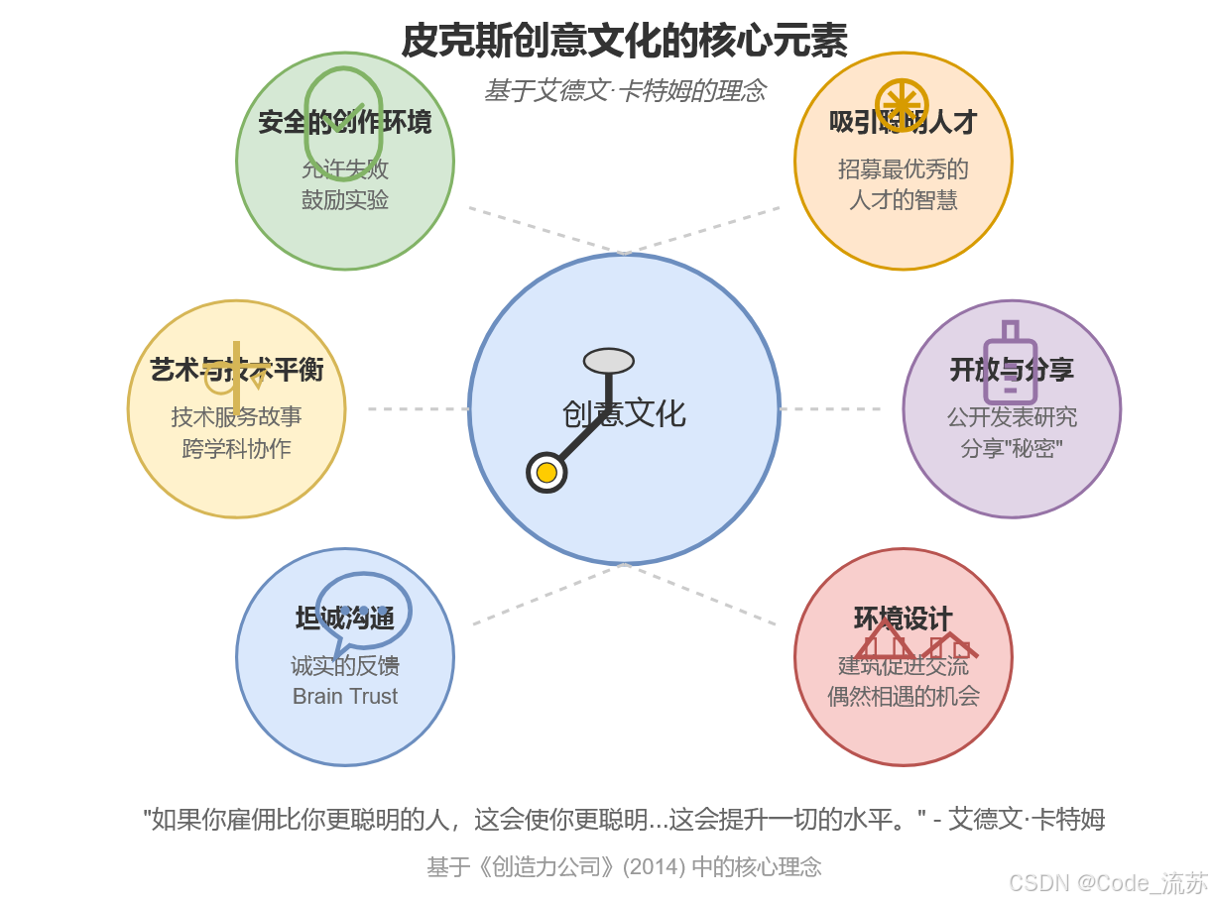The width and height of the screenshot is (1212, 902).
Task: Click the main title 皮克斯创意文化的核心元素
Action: pos(624,42)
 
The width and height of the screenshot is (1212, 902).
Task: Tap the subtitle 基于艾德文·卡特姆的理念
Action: pos(624,90)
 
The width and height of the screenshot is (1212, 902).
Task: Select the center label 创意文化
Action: pos(624,413)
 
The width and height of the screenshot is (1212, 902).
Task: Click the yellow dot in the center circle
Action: pos(546,473)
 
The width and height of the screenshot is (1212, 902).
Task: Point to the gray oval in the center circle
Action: pos(609,361)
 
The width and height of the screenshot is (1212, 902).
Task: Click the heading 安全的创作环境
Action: pos(345,123)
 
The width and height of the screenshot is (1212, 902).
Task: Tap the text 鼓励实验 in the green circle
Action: pos(345,199)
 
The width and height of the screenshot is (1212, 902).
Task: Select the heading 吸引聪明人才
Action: pos(903,122)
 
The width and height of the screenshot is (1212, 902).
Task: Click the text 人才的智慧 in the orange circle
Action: pos(903,200)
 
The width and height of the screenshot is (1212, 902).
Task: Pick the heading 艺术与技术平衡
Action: pos(236,370)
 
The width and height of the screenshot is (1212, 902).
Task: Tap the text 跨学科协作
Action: pos(236,448)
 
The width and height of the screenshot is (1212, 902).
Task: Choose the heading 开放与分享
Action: pos(1012,370)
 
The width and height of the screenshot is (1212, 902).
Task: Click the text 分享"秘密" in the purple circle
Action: pos(1012,448)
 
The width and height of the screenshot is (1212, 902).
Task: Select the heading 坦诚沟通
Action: pos(345,619)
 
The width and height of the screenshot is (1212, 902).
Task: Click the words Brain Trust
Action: pos(345,696)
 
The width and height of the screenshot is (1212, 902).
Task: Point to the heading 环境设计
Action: pos(903,619)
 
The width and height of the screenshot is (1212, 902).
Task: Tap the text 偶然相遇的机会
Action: pos(903,696)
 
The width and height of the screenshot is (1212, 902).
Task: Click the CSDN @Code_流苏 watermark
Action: pos(1108,882)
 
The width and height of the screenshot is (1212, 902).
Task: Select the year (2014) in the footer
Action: pos(654,866)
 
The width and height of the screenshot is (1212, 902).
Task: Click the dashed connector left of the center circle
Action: pos(418,408)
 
